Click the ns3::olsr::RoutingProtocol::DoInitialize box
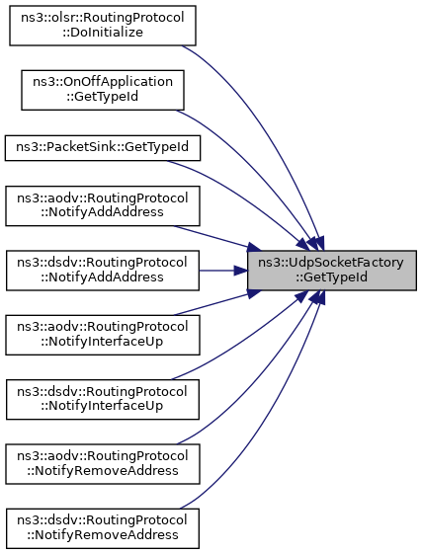coord(103,26)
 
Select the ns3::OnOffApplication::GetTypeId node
coord(103,90)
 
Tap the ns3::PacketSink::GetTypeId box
coord(103,148)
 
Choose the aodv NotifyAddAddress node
coord(103,206)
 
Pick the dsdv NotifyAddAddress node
coord(103,271)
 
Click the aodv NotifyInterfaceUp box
coord(103,335)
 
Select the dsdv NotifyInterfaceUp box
coord(103,400)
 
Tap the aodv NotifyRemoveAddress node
coord(103,464)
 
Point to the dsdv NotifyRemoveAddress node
coord(103,528)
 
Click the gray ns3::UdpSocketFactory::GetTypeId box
coord(332,271)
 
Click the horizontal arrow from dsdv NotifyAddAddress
coord(223,271)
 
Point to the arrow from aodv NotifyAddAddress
coord(216,238)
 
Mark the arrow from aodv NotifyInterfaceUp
coord(216,303)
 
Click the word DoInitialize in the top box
coord(103,33)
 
